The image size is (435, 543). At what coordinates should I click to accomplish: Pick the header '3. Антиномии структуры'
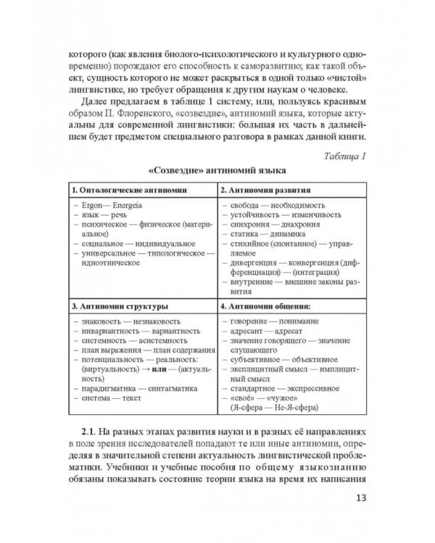tap(119, 306)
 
